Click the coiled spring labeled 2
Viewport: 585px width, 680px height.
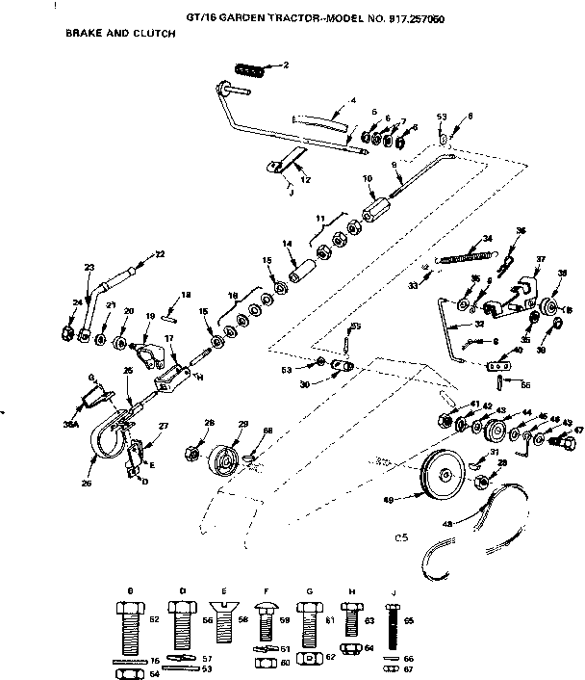pos(250,66)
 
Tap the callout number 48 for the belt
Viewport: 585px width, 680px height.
pos(445,524)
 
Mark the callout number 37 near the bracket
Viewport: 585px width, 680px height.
pos(540,258)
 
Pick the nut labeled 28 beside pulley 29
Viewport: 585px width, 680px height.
pos(191,452)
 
